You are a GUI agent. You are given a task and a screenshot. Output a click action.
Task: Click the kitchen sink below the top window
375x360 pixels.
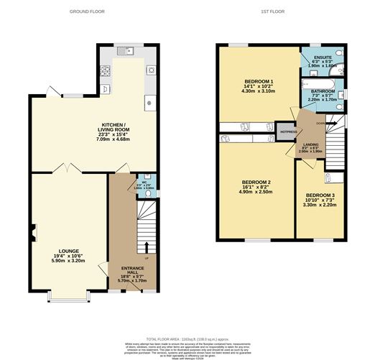(x=123, y=52)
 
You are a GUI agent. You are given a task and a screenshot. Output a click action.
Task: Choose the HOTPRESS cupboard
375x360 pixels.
(x=287, y=132)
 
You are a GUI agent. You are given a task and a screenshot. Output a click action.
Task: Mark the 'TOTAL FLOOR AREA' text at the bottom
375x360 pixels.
(x=167, y=338)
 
